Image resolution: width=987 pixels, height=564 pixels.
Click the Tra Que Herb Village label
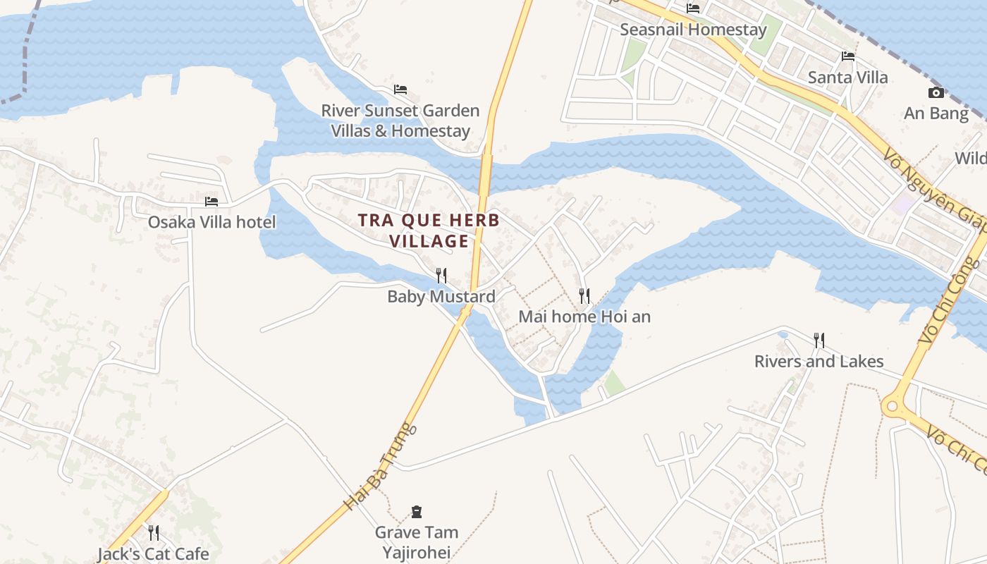point(429,231)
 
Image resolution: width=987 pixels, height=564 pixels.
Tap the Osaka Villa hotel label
point(211,222)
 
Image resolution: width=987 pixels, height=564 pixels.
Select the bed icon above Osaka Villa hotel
point(211,202)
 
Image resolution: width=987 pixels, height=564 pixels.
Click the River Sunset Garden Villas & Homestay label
point(400,121)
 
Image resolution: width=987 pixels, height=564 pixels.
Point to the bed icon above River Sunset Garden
point(400,90)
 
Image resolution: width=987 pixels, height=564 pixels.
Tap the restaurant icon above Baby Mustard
point(441,275)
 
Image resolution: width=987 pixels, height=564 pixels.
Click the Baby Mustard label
point(441,297)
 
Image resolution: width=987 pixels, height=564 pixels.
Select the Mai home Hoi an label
point(584,317)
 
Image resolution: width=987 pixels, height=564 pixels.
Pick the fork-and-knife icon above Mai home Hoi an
point(584,295)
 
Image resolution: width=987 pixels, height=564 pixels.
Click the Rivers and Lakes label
point(819,362)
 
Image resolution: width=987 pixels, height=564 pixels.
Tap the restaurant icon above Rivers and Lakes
point(819,341)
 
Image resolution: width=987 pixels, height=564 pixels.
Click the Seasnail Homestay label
point(693,30)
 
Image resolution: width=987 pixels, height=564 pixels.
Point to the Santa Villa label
point(848,77)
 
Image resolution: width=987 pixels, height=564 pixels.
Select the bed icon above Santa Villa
point(848,56)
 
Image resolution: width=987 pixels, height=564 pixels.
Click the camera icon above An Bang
point(936,92)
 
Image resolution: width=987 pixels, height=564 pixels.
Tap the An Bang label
point(936,114)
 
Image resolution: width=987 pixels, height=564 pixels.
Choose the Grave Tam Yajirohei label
point(417,542)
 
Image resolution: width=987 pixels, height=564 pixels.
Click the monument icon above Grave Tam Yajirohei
point(417,511)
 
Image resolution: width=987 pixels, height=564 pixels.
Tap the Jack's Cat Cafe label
point(153,553)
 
